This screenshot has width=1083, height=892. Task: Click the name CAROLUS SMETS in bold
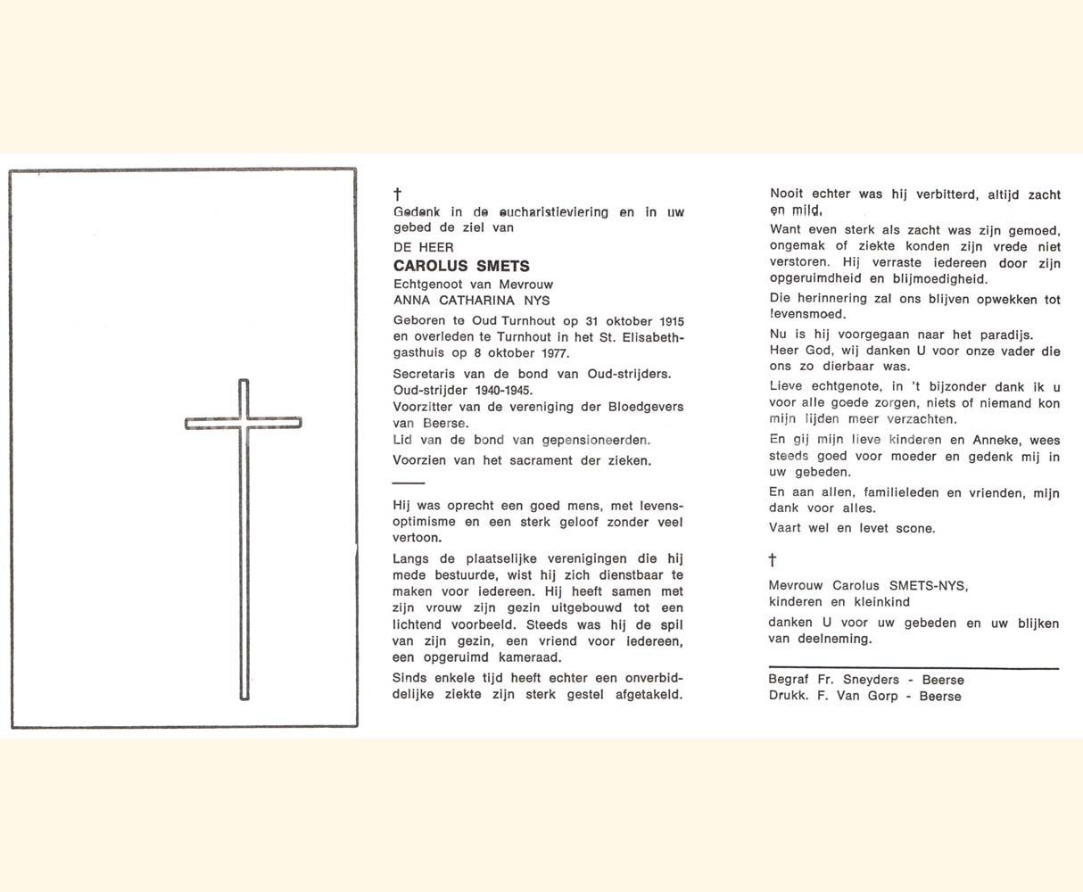[461, 266]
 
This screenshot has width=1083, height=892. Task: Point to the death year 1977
[552, 353]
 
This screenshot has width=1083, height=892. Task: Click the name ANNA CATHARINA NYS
[472, 300]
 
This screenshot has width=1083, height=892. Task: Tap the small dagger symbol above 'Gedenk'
[398, 194]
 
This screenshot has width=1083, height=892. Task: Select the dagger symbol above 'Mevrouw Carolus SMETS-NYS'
[773, 560]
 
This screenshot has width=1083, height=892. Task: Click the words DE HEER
[424, 247]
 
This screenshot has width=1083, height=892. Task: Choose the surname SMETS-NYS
[927, 586]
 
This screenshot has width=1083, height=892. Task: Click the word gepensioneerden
[596, 440]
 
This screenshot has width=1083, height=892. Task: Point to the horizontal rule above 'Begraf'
[914, 667]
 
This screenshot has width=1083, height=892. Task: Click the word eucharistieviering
[553, 212]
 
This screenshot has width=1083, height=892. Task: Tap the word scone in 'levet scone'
[915, 528]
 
